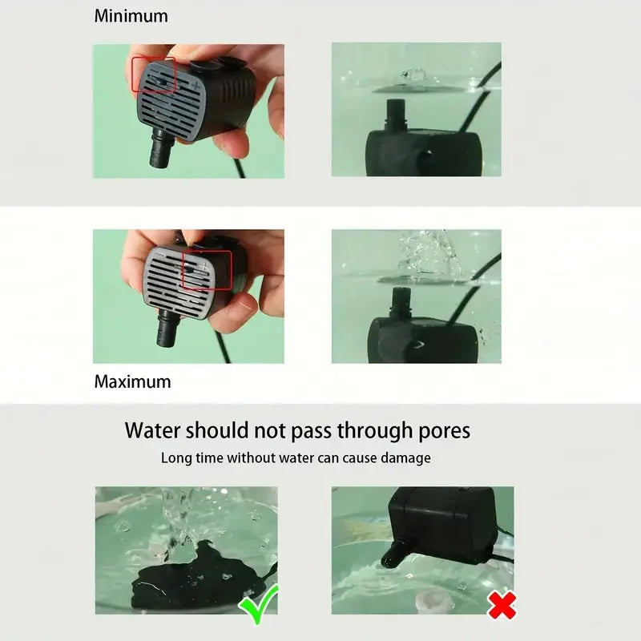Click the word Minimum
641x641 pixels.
pyautogui.click(x=131, y=15)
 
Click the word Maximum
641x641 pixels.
pyautogui.click(x=132, y=381)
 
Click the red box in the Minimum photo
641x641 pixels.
pyautogui.click(x=154, y=74)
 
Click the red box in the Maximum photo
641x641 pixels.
pyautogui.click(x=207, y=269)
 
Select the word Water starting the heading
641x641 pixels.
pyautogui.click(x=152, y=430)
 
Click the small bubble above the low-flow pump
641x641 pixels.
pyautogui.click(x=415, y=74)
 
